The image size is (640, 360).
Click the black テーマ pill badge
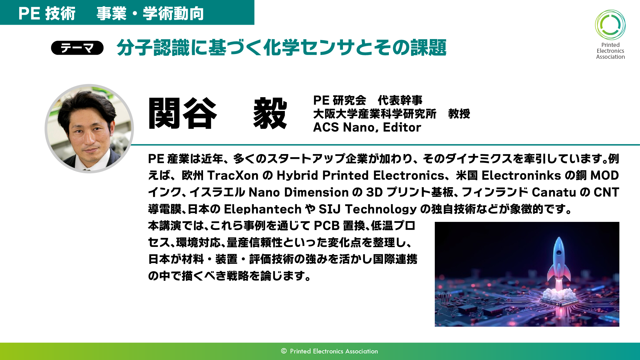click(x=77, y=48)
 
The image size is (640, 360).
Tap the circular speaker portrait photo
click(x=89, y=128)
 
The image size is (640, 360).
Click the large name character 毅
click(x=270, y=113)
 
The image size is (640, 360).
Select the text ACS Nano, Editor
click(x=367, y=127)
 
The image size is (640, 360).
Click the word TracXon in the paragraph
click(x=233, y=175)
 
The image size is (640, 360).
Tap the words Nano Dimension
click(x=298, y=192)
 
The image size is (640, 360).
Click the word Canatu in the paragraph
click(x=553, y=192)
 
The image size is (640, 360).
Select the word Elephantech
click(x=262, y=209)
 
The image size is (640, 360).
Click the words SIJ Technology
click(x=367, y=209)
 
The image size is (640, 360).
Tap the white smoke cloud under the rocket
click(x=559, y=294)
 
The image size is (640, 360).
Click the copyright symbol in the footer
click(x=284, y=351)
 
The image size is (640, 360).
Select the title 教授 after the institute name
click(x=459, y=114)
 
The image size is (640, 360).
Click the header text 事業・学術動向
click(x=150, y=14)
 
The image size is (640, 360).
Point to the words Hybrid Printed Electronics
click(x=360, y=175)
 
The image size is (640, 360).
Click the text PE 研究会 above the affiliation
click(x=340, y=100)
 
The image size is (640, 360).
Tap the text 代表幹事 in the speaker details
click(x=400, y=100)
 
